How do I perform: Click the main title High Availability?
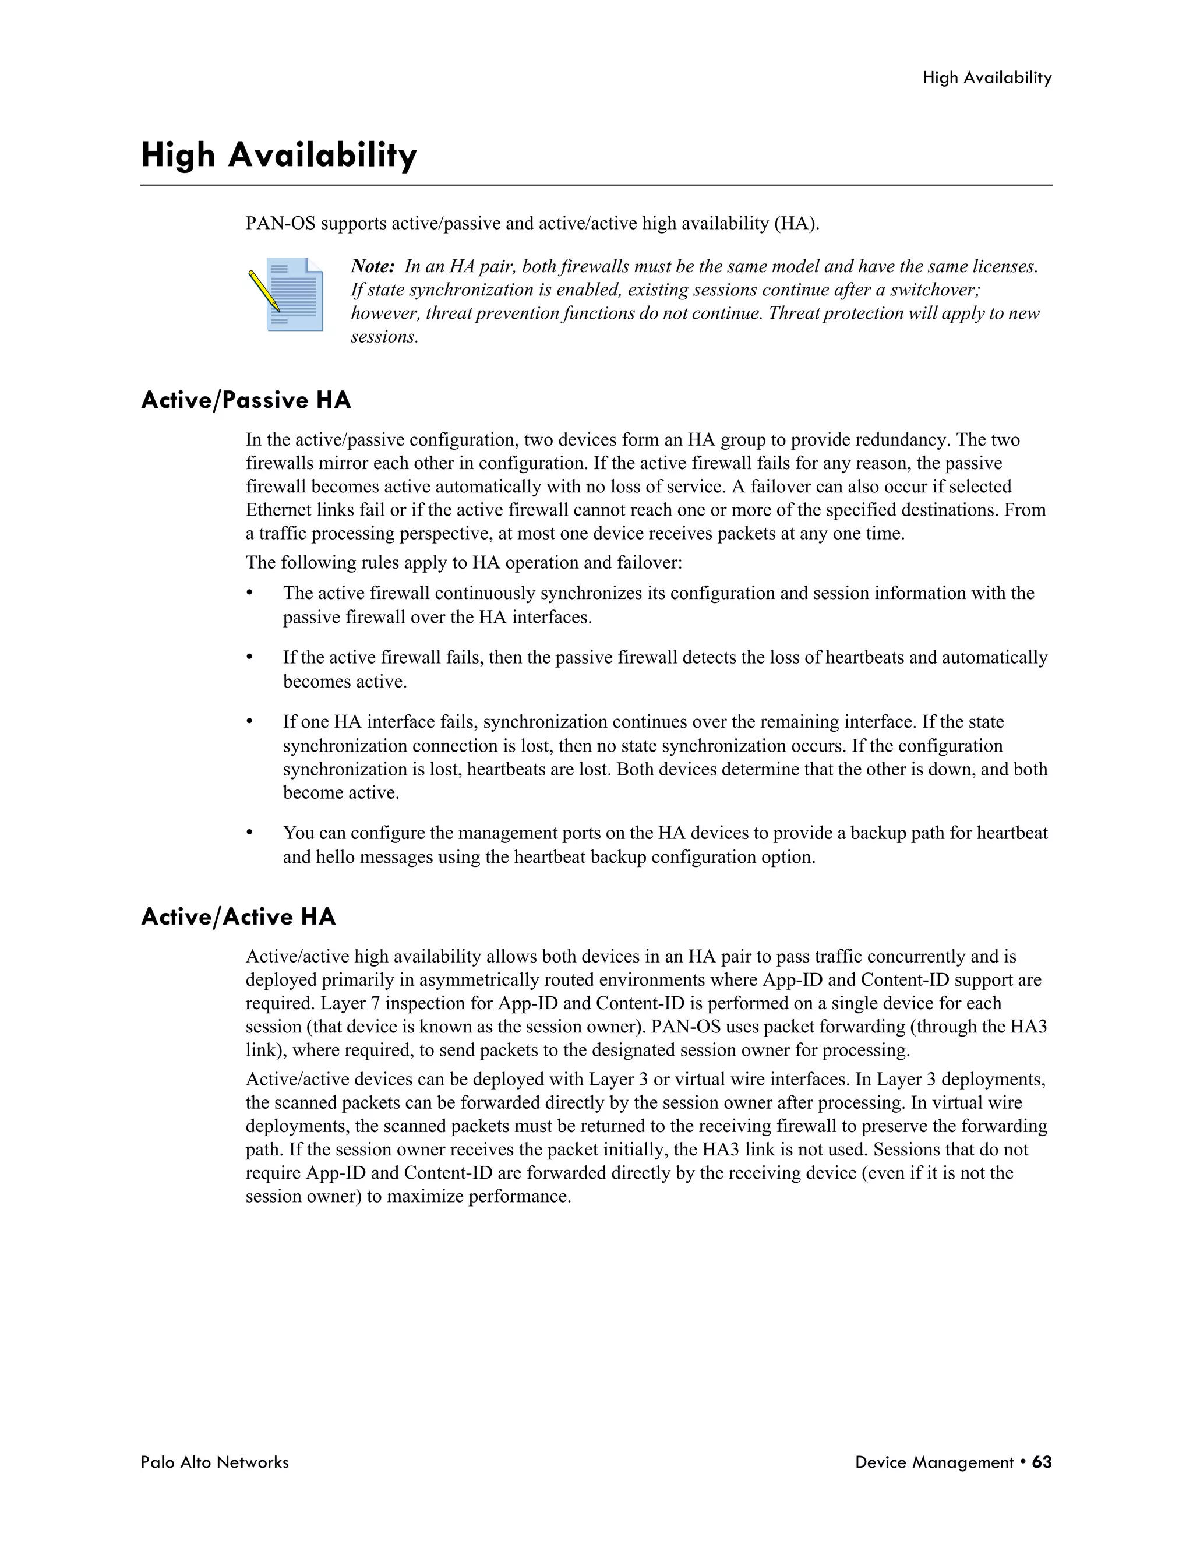click(278, 155)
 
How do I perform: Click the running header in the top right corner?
click(987, 77)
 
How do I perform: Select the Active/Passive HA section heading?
click(245, 400)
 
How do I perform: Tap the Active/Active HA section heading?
click(238, 917)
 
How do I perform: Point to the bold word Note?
click(372, 266)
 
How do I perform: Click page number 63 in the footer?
click(1041, 1462)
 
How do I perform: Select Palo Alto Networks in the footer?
click(214, 1462)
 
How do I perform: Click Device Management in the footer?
click(934, 1462)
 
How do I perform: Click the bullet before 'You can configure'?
click(249, 832)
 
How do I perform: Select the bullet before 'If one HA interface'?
click(249, 721)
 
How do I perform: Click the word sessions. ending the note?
click(384, 337)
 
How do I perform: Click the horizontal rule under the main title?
click(596, 185)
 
